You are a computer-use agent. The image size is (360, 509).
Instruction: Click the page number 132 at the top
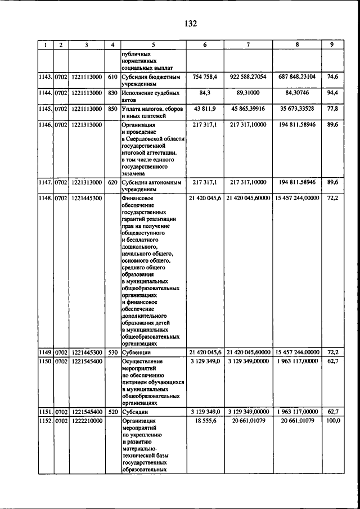click(190, 23)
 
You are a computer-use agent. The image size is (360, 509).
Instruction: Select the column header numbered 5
click(153, 44)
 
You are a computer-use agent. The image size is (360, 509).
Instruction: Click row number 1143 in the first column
click(45, 76)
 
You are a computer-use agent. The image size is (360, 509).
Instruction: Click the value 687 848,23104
click(296, 76)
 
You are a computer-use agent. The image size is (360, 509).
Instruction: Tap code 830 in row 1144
click(112, 93)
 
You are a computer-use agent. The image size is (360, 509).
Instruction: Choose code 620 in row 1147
click(112, 182)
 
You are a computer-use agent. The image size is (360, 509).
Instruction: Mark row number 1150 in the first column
click(45, 361)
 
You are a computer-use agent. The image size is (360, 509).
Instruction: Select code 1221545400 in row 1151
click(87, 412)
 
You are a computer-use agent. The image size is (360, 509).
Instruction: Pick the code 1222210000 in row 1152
click(87, 421)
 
